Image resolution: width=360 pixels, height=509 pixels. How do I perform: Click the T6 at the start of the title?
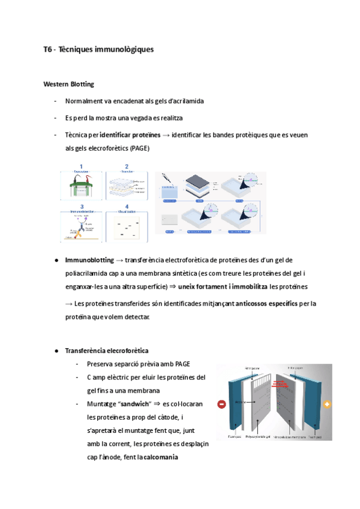tap(48, 50)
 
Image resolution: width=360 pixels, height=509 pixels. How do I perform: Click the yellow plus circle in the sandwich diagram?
tap(327, 405)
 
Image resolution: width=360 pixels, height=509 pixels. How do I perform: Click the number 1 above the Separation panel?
tap(81, 166)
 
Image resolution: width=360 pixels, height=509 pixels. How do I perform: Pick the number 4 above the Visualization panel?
tap(127, 206)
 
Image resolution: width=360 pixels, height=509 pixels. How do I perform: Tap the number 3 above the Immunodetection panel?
tap(81, 206)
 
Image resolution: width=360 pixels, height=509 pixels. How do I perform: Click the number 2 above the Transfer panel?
tap(127, 166)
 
